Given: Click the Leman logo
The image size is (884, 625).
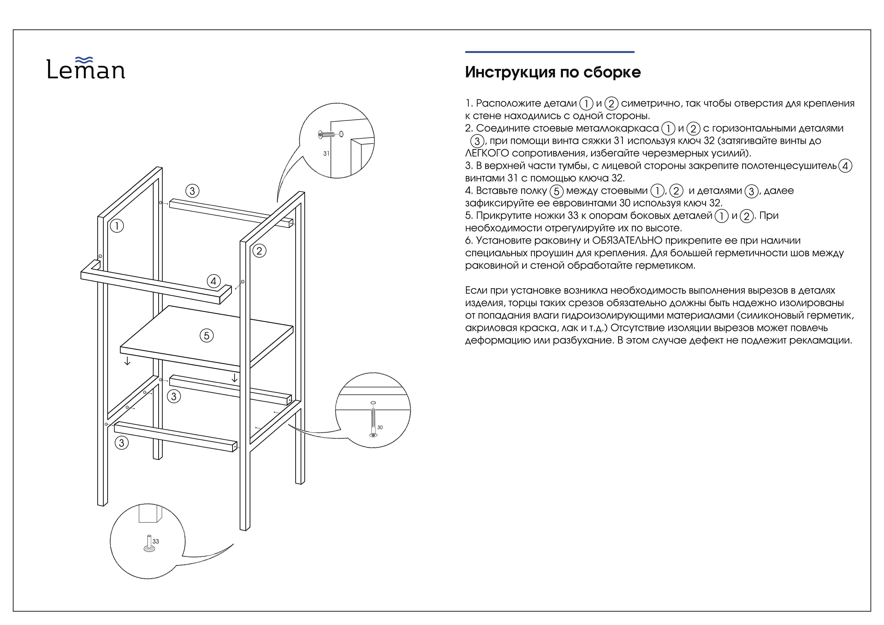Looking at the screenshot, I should click(86, 68).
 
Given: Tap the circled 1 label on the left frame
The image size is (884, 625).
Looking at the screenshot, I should click(117, 226).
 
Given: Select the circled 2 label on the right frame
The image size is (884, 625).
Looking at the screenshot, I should click(259, 251).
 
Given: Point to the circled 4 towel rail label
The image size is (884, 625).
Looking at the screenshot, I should click(214, 281).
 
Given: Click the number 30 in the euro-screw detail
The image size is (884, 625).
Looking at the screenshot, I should click(380, 427).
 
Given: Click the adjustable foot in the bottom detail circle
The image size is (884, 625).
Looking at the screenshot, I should click(149, 543).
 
